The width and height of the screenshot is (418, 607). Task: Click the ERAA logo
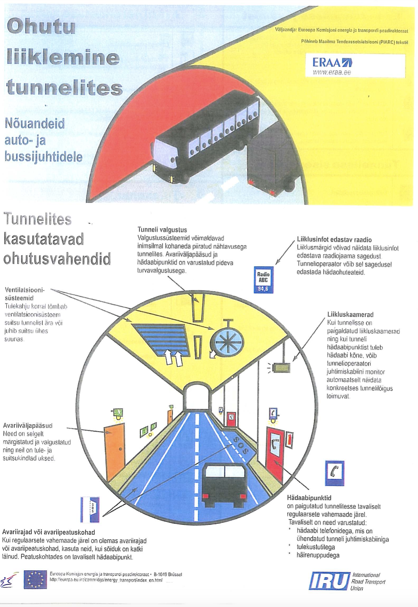tap(332, 62)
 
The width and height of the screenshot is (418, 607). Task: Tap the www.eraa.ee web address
tap(331, 72)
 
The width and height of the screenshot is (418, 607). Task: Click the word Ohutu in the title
tap(41, 27)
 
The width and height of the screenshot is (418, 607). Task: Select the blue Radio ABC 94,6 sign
tap(263, 279)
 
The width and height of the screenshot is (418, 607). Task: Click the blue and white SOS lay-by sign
tap(90, 509)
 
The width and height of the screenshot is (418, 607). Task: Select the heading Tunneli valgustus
tap(162, 230)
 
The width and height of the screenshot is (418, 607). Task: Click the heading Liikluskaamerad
tap(350, 315)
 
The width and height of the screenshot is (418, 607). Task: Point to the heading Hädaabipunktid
tap(309, 498)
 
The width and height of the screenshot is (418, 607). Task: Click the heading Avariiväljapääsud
tap(28, 426)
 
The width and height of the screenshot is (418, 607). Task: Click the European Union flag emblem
tap(35, 579)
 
